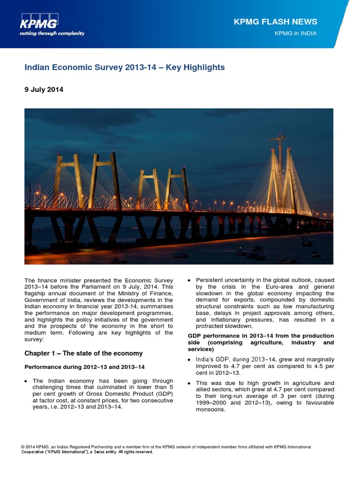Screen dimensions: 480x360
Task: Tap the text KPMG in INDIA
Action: (295, 33)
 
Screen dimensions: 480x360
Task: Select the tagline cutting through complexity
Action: (52, 33)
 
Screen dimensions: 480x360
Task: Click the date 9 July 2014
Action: (44, 90)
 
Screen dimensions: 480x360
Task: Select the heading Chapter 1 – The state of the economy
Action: (83, 353)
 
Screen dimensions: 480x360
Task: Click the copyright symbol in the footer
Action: (23, 447)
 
